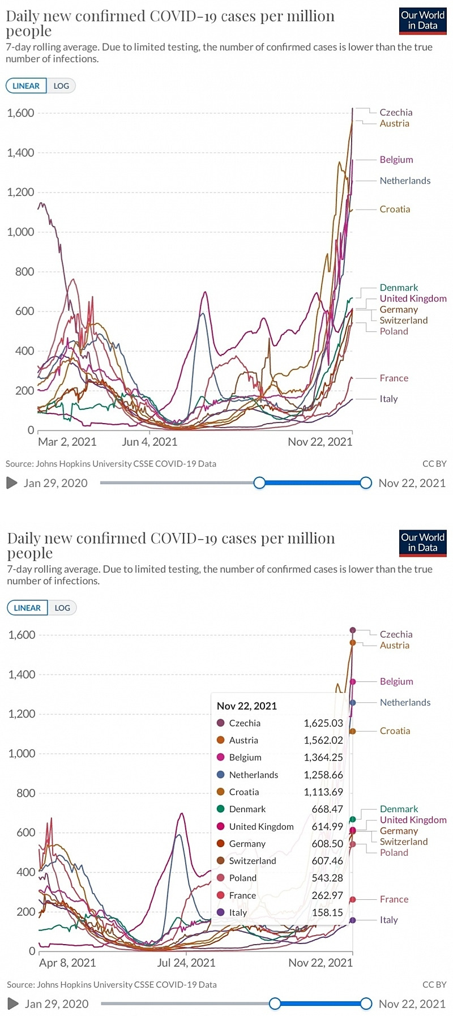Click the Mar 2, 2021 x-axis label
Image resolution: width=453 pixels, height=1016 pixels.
click(67, 442)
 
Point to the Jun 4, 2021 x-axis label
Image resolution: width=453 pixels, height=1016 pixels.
click(149, 442)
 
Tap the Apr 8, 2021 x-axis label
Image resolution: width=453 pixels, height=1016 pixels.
click(67, 963)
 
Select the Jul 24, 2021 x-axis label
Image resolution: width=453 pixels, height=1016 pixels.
click(186, 963)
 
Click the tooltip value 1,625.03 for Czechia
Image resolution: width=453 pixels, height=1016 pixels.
click(323, 723)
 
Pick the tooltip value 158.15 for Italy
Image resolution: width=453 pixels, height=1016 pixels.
click(327, 912)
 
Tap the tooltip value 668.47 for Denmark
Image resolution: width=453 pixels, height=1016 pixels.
click(327, 809)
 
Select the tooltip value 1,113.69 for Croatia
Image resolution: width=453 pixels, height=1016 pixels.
click(323, 792)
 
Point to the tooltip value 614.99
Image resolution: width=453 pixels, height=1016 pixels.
click(327, 826)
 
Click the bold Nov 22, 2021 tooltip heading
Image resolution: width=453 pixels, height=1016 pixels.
click(247, 706)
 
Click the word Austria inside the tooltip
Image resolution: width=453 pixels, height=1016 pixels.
click(243, 740)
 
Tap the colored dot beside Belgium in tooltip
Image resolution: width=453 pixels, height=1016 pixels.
click(221, 757)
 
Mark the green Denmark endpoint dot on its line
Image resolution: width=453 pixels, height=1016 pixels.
click(353, 819)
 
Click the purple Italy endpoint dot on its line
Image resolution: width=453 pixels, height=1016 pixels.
click(353, 920)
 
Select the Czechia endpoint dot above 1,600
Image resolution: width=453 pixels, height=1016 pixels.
click(353, 630)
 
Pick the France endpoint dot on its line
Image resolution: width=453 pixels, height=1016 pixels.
click(353, 899)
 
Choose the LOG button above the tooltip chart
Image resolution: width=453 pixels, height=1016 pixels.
click(62, 608)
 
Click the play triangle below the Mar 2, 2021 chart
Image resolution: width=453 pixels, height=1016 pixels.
click(12, 483)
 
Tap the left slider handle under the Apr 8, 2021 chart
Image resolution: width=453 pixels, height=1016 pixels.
click(275, 1004)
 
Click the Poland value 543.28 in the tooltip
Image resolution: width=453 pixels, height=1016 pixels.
click(327, 878)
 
